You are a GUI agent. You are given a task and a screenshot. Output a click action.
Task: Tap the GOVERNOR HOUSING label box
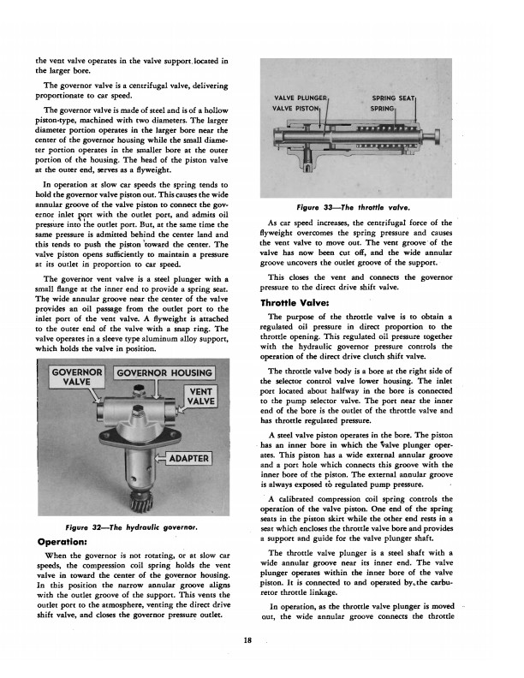165,372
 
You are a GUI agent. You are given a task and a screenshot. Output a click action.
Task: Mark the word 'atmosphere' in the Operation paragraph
128,615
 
